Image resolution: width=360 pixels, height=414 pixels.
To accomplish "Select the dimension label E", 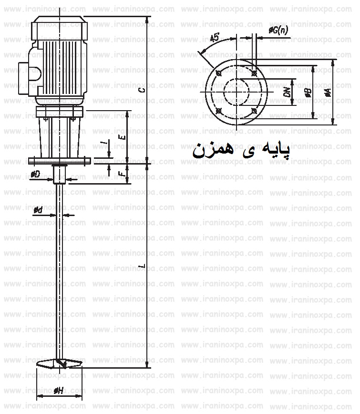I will pyautogui.click(x=123, y=137).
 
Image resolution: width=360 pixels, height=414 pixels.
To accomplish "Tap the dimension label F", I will pyautogui.click(x=123, y=174).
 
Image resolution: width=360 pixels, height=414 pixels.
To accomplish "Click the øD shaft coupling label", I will pyautogui.click(x=35, y=175).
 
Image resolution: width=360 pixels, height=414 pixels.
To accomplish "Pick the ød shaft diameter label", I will pyautogui.click(x=38, y=210).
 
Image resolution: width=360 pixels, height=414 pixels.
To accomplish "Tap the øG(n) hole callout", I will pyautogui.click(x=278, y=31).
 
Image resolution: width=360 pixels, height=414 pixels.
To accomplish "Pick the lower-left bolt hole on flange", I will pyautogui.click(x=218, y=111).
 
